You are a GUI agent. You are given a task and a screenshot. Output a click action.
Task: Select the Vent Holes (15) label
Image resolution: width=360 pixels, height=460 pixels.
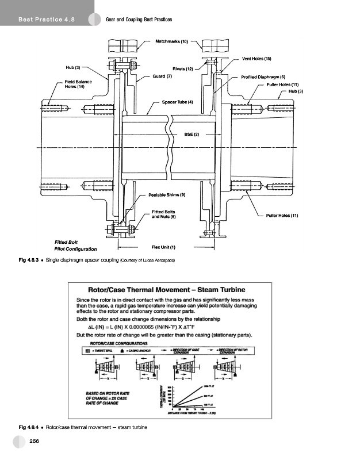[256, 59]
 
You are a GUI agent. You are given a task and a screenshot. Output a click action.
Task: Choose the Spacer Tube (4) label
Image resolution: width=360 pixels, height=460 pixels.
[177, 102]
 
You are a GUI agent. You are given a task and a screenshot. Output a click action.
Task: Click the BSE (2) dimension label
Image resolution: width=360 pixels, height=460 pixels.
[191, 134]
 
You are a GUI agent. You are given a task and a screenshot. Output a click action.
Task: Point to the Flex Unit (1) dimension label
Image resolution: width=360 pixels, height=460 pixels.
[163, 247]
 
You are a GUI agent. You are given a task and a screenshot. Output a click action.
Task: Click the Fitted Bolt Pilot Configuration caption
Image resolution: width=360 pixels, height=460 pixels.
[75, 246]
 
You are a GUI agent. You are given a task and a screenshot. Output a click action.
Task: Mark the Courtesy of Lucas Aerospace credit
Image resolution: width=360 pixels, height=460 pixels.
[147, 261]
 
